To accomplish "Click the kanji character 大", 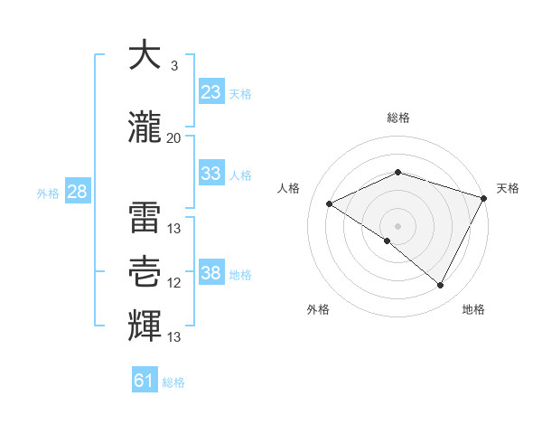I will [145, 56].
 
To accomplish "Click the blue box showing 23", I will [210, 92].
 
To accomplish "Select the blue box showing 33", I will [210, 174].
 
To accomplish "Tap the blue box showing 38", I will [210, 273].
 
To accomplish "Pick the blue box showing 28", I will [77, 192].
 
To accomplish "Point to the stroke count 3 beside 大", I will [173, 66].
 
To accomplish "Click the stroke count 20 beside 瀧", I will [173, 138].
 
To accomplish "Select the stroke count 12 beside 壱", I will [173, 283].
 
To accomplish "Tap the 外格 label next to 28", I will [48, 193].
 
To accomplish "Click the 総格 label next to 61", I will [173, 382].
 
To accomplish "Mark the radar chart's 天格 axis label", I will [508, 188].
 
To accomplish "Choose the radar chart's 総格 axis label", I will [397, 118].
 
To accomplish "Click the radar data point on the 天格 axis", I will [484, 198].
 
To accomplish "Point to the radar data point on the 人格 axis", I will [330, 204].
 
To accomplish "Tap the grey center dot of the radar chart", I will [397, 225].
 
